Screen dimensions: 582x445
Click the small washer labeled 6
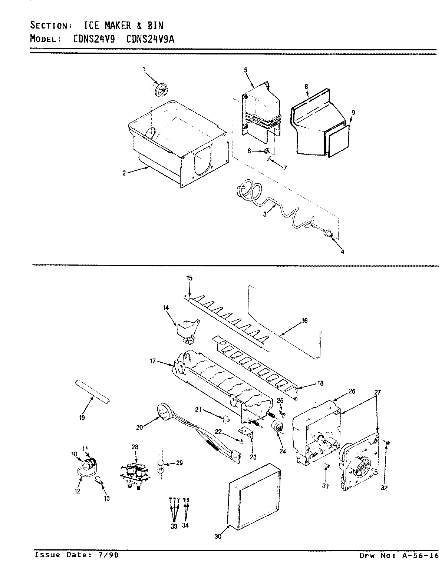(266, 151)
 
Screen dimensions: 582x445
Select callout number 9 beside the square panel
(353, 112)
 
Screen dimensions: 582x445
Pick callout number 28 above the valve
(135, 448)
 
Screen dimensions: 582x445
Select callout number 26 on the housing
(352, 391)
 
